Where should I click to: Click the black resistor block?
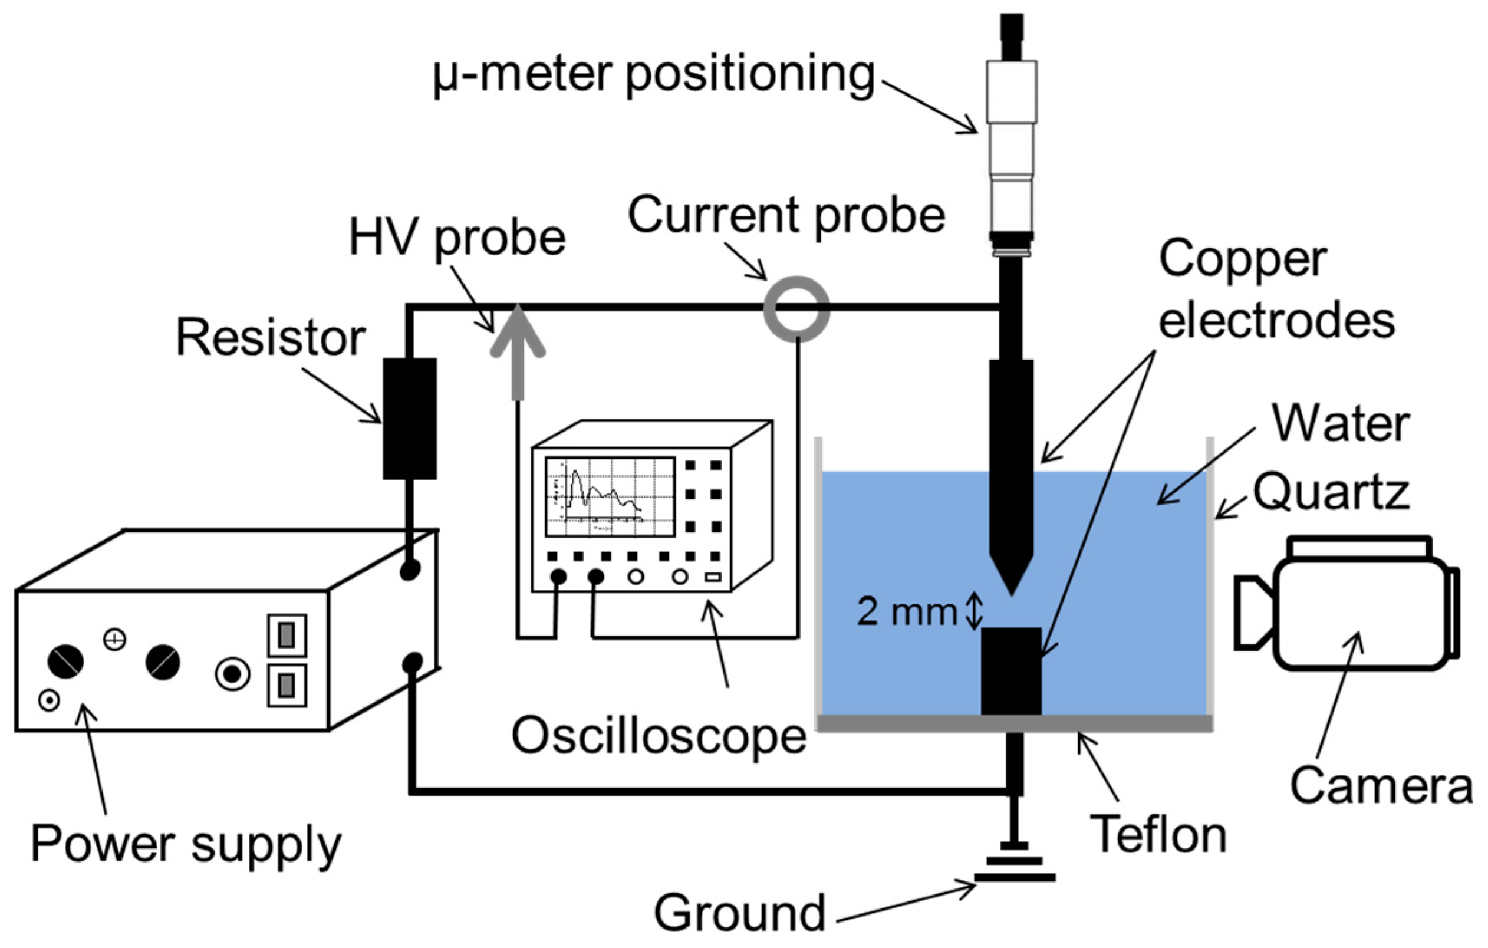coord(409,419)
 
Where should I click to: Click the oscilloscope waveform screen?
coord(609,497)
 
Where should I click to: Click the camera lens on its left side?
coord(1252,613)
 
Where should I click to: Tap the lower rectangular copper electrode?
coord(1011,670)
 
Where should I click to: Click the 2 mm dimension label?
coord(906,612)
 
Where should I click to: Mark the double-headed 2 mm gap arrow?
coord(974,611)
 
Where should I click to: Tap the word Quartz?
coord(1331,492)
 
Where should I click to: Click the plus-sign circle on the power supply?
coord(114,640)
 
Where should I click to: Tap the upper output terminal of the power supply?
coord(410,568)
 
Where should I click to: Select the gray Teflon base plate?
coord(1013,722)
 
